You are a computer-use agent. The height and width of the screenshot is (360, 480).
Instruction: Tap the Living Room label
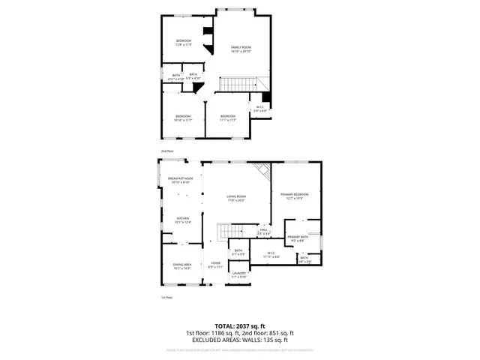click(237, 199)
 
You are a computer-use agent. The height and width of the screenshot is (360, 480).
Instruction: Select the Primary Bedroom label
click(295, 196)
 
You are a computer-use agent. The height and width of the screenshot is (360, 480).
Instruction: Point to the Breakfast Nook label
click(181, 180)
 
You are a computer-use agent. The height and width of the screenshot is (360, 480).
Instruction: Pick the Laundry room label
click(238, 274)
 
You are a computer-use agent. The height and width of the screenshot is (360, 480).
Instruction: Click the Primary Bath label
click(297, 238)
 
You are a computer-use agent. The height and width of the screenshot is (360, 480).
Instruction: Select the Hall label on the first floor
click(264, 232)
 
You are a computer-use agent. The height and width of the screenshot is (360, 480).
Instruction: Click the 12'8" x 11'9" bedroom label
click(184, 43)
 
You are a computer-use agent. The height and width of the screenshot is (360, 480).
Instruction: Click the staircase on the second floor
click(243, 85)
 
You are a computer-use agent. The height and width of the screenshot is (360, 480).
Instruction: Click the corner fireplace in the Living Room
click(262, 172)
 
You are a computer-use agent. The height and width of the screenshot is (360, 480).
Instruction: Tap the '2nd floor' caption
click(166, 151)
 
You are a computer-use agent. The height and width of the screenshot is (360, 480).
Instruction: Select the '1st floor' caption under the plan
click(166, 298)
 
